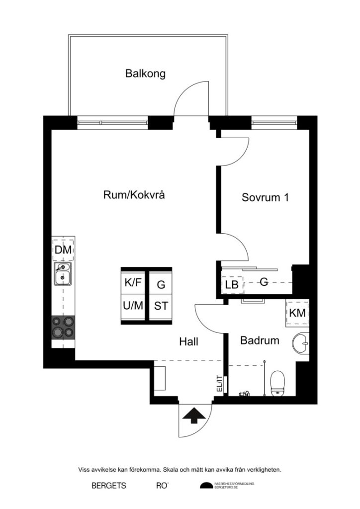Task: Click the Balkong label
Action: tap(145, 74)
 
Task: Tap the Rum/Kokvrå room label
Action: tap(134, 195)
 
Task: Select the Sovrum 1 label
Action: tap(265, 197)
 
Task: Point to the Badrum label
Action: tap(259, 340)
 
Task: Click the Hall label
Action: tap(189, 341)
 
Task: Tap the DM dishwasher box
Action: tap(63, 250)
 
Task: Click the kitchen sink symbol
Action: tap(63, 275)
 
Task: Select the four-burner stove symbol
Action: tap(63, 328)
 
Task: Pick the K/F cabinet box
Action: tap(133, 283)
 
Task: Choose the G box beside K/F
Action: tap(161, 284)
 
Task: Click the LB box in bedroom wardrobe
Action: tap(231, 285)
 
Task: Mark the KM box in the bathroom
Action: tap(297, 313)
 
